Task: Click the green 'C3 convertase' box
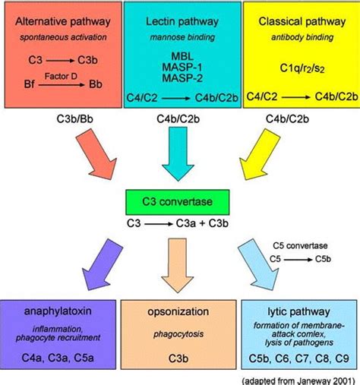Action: point(180,203)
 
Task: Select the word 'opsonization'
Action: point(180,311)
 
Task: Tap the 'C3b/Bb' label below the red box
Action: point(62,119)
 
